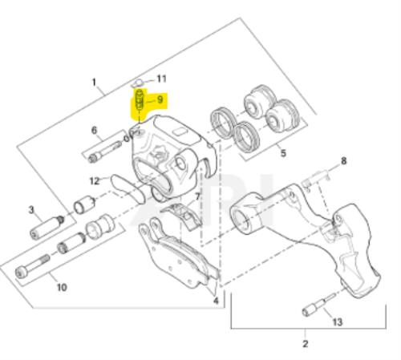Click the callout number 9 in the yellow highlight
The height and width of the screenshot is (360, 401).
coord(160,99)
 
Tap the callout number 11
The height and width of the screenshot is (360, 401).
coord(161,79)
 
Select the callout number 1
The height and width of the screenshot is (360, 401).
coord(94,82)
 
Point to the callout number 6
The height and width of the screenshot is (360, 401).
coord(95,131)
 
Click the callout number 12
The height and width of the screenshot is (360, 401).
coord(95,181)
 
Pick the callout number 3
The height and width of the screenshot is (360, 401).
coord(31,210)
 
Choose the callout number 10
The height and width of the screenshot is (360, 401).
coord(62,287)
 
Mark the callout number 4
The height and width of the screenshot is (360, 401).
coord(216,301)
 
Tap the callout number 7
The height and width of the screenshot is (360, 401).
coord(197,197)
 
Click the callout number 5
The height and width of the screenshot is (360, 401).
coord(283,153)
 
